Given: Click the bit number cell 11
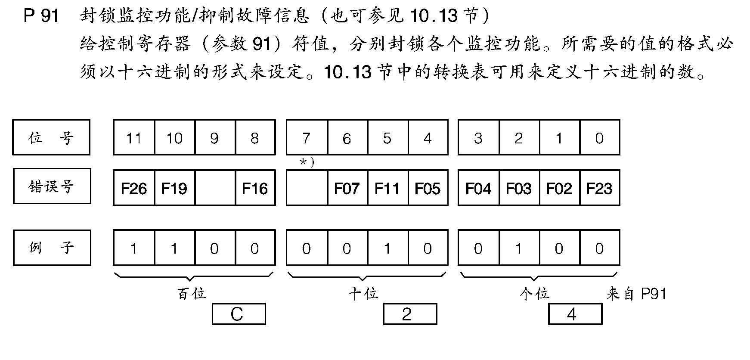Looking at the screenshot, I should click(134, 138).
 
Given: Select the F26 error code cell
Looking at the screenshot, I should click(134, 188).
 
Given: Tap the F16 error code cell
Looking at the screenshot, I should click(255, 188).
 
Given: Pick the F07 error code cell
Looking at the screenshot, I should click(347, 188).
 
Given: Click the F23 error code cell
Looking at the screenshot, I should click(599, 188).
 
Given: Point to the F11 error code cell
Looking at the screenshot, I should click(387, 188).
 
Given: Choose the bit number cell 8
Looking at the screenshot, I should click(255, 138).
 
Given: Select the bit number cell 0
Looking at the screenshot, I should click(599, 138).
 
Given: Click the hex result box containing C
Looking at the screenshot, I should click(239, 314).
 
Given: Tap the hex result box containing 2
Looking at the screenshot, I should click(409, 314).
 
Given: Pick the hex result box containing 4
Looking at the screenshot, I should click(574, 314).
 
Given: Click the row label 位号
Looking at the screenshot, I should click(51, 138).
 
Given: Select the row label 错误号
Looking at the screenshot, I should click(52, 186).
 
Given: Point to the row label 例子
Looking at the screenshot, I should click(52, 248).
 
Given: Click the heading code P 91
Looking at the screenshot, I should click(41, 16).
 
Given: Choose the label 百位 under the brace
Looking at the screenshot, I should click(192, 294).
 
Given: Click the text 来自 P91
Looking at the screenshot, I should click(636, 294).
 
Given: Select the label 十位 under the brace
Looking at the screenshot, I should click(363, 294).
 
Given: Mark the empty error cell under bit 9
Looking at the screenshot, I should click(215, 188).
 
